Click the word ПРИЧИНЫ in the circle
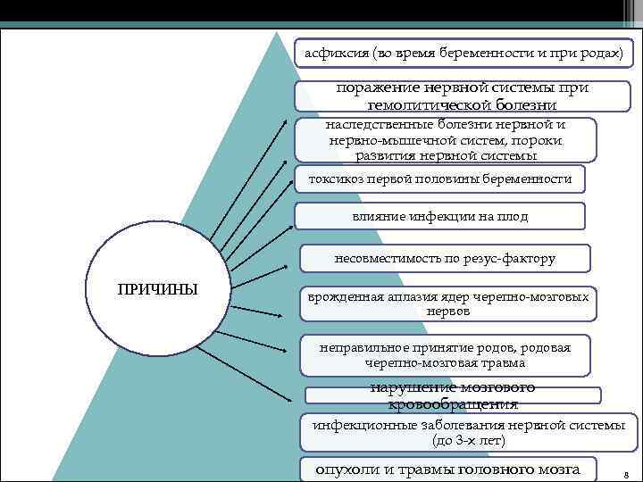157,288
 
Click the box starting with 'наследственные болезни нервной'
446,140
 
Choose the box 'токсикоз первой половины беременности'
440,179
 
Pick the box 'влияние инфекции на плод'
439,216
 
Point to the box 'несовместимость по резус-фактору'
444,258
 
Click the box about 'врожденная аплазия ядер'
447,303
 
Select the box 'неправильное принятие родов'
445,355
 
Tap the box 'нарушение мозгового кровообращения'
453,396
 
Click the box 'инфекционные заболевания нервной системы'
468,433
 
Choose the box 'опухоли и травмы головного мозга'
447,469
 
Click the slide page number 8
626,473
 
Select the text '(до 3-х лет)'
468,441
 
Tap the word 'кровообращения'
453,404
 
